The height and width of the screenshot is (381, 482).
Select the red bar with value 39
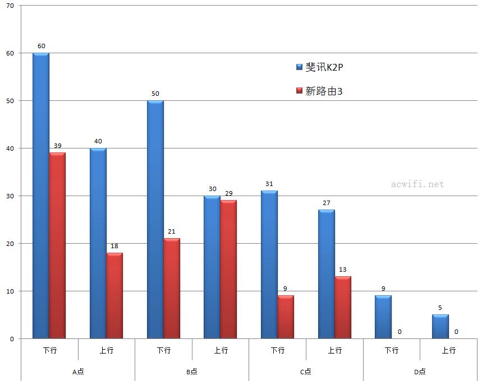(x=57, y=245)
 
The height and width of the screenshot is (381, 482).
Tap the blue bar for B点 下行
(x=155, y=219)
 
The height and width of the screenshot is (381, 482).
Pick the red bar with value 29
(x=228, y=269)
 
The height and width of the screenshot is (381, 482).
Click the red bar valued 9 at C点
(x=286, y=317)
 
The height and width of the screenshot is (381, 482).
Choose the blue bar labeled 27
(x=326, y=274)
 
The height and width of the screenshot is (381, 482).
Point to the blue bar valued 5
(x=440, y=327)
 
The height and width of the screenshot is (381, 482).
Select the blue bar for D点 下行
(x=383, y=317)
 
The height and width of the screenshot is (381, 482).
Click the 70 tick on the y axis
(x=10, y=6)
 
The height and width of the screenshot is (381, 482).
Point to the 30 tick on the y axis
(x=10, y=196)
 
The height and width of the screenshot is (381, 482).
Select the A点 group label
(x=78, y=371)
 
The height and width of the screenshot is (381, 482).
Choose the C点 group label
(x=305, y=371)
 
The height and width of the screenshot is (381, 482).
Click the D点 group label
(x=420, y=371)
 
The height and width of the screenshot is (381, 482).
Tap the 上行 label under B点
(x=221, y=350)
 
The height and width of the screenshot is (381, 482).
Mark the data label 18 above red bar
(x=114, y=246)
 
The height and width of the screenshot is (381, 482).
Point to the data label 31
(x=269, y=184)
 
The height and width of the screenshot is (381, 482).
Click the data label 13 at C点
(x=343, y=270)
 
